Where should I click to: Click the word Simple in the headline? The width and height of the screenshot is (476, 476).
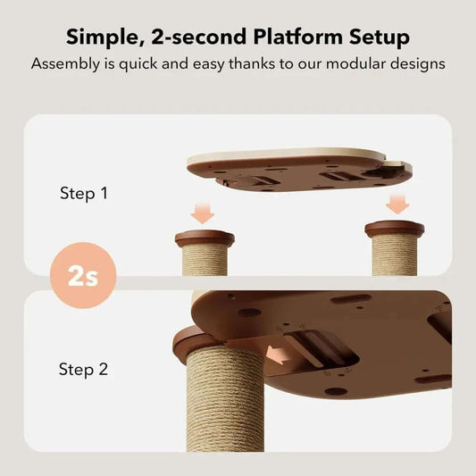(x=105, y=38)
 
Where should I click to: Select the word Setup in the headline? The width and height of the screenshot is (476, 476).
(x=374, y=38)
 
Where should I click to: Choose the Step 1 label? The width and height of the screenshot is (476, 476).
(x=83, y=192)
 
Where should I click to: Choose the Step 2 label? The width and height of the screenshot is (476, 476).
(x=83, y=369)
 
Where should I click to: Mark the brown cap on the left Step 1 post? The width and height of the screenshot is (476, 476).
(x=205, y=238)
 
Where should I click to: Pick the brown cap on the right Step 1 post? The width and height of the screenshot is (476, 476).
(x=395, y=230)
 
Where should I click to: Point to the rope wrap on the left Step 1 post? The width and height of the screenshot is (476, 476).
(x=205, y=261)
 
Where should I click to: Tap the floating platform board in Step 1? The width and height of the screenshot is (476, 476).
(x=299, y=167)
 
